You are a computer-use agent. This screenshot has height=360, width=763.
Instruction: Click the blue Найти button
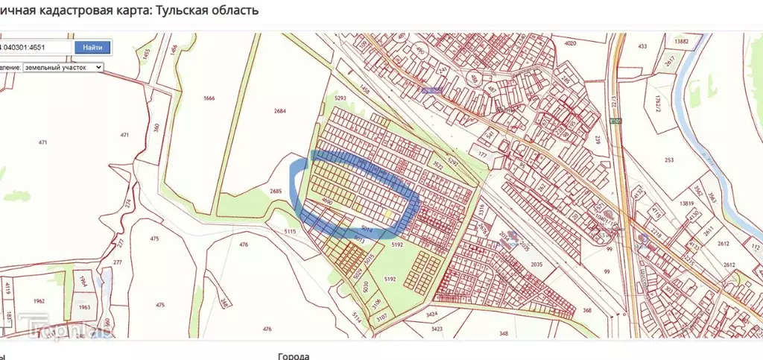click(x=92, y=47)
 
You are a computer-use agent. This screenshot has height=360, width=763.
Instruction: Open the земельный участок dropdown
click(x=63, y=67)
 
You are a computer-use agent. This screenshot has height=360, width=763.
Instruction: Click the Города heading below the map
click(x=293, y=356)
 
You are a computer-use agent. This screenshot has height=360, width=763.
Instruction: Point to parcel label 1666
click(x=209, y=98)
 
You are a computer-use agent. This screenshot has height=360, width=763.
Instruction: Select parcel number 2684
click(x=279, y=111)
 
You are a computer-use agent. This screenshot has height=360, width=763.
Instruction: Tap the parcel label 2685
click(x=276, y=191)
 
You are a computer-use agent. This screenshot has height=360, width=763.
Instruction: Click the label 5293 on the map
click(x=341, y=98)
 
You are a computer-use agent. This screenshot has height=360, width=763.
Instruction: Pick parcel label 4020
click(x=571, y=44)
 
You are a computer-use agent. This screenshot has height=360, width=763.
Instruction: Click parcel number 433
click(x=642, y=47)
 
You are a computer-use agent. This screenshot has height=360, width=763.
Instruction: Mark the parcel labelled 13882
click(x=680, y=42)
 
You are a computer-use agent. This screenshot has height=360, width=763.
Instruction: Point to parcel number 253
click(x=669, y=160)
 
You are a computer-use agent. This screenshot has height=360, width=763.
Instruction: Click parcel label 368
click(x=587, y=310)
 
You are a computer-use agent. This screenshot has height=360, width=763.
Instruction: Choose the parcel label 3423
click(x=437, y=328)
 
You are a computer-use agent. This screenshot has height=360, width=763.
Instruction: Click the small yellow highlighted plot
click(x=388, y=214)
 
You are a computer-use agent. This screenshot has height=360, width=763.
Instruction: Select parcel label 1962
click(x=39, y=301)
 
